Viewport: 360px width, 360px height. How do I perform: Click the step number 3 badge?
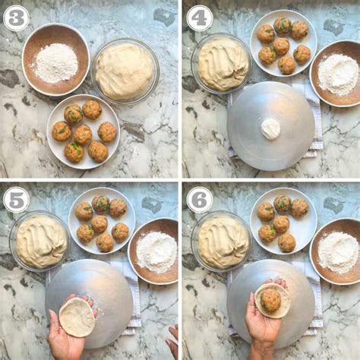coord(16,18)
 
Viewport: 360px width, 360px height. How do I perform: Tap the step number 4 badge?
coord(199,18)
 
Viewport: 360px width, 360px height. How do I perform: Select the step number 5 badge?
coord(16,200)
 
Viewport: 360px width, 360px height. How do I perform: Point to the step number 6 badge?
coord(199,200)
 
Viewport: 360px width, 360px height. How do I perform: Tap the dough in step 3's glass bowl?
coord(124,71)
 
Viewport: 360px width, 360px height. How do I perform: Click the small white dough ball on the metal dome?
coord(270,129)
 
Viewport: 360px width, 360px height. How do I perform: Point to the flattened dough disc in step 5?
coord(77,317)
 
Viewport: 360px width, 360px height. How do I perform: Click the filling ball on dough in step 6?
coord(270,300)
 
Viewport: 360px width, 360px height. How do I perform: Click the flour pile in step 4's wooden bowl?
coord(338,75)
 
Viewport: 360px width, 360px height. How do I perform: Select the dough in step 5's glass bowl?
coord(41,242)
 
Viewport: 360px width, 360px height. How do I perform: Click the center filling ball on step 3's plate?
coord(82,134)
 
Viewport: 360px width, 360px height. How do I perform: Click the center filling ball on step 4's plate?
coord(281,46)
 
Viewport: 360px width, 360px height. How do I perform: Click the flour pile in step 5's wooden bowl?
coord(157,252)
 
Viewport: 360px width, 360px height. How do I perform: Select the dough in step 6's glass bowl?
coord(223,242)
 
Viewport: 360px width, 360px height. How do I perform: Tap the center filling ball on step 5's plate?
coord(99,224)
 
